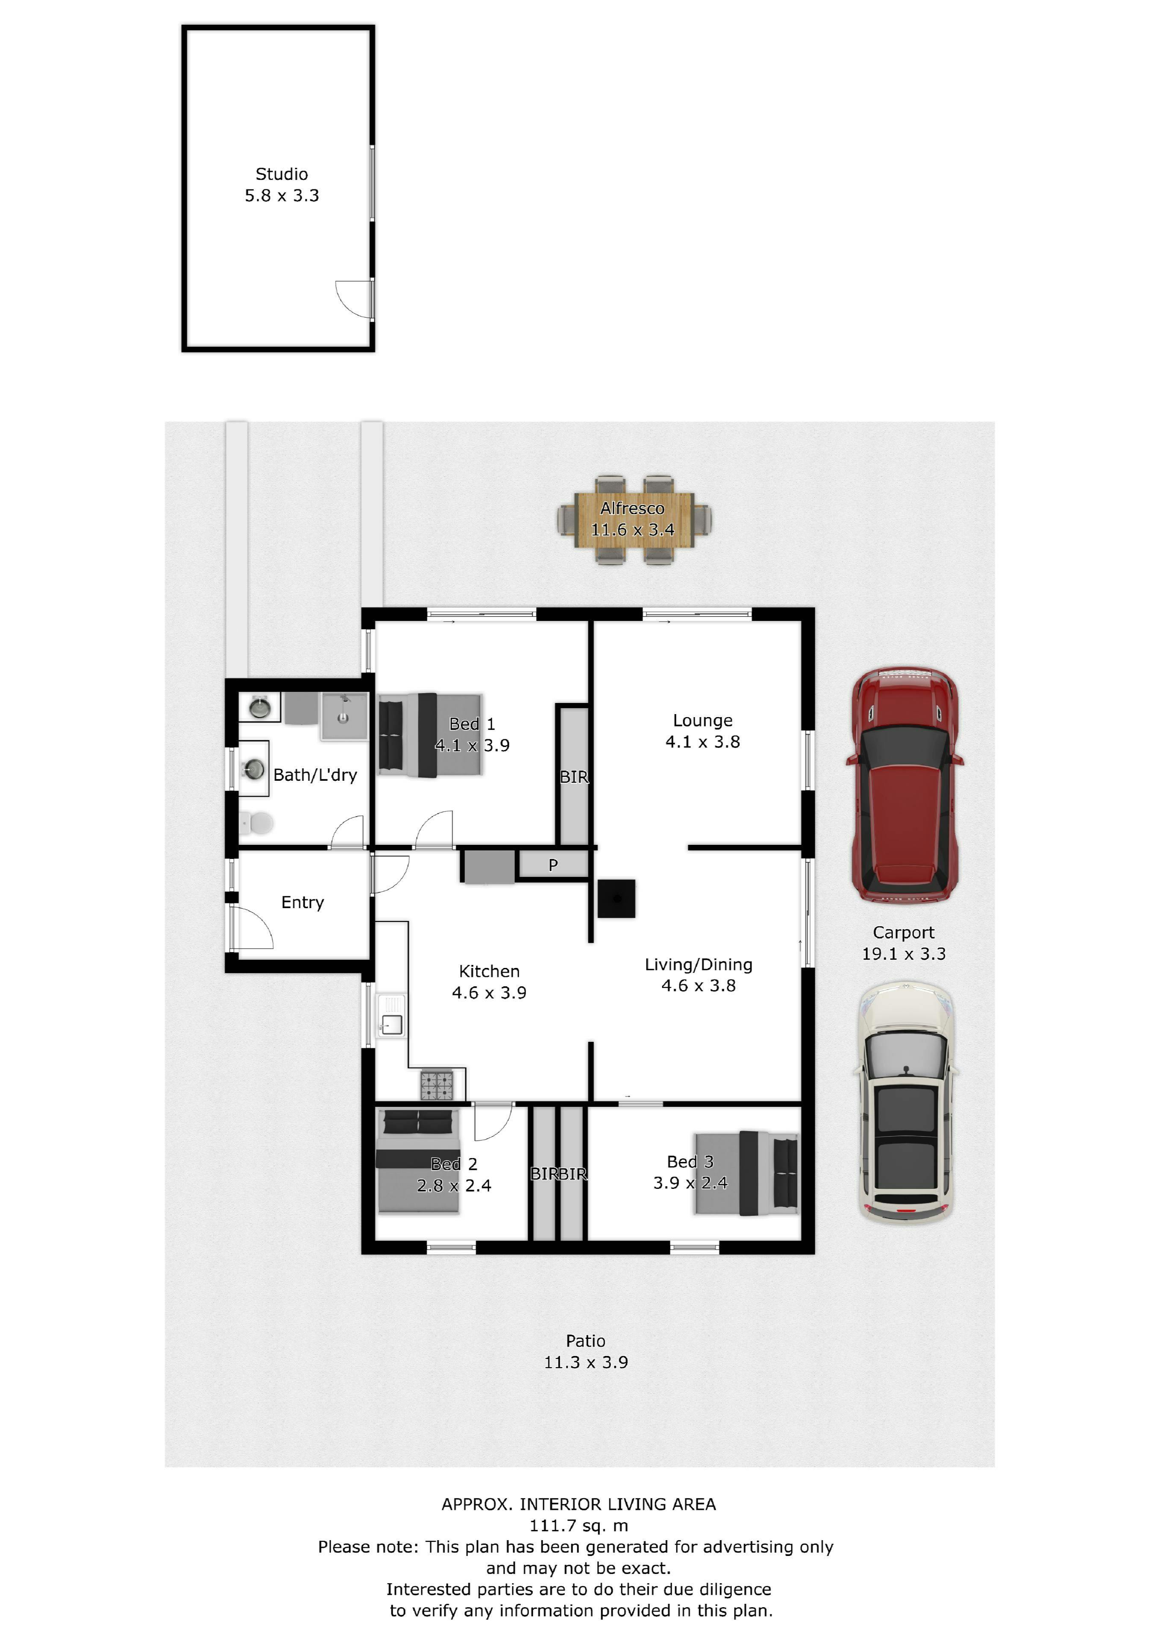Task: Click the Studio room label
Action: point(282,174)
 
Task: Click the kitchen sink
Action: point(391,1016)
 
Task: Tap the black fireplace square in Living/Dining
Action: point(616,898)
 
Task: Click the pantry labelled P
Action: point(553,865)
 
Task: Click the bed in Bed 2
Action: point(418,1161)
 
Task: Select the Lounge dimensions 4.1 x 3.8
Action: point(702,742)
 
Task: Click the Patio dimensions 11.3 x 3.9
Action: point(586,1362)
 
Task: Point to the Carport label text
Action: point(903,933)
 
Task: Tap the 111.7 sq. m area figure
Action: point(579,1526)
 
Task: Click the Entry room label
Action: point(302,903)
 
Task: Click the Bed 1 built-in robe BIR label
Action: point(574,777)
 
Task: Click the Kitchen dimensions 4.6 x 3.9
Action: point(489,993)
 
